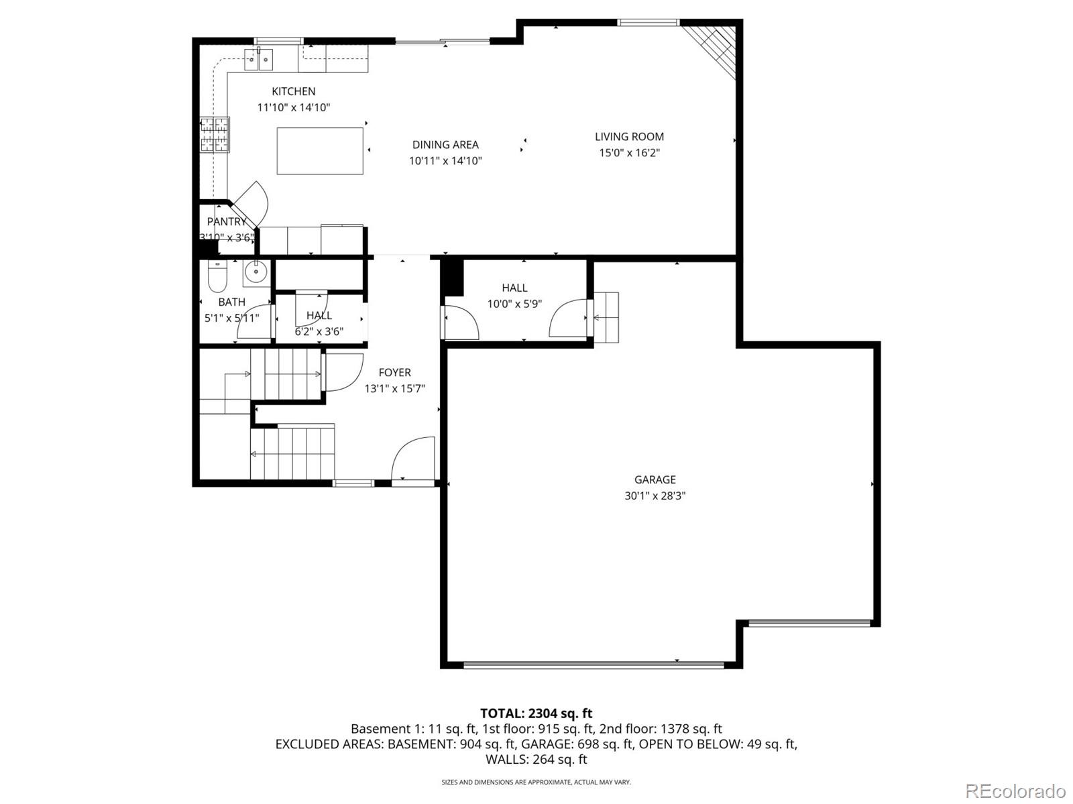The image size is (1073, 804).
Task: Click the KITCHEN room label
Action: point(293,91)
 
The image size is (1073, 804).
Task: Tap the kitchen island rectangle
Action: point(320,151)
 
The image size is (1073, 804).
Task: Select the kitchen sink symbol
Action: point(258,60)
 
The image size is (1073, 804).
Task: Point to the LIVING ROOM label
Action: point(629,137)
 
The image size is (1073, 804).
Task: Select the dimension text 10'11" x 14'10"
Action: point(445,161)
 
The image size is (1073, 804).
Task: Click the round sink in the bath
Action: point(256,272)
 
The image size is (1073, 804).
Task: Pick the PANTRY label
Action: point(227,221)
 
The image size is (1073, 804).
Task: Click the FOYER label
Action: point(394,373)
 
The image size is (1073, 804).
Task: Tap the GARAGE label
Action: point(655,479)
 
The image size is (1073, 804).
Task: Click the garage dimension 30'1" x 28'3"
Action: point(655,496)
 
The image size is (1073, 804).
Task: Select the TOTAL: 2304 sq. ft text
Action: point(536,713)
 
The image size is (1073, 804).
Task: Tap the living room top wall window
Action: point(648,23)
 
